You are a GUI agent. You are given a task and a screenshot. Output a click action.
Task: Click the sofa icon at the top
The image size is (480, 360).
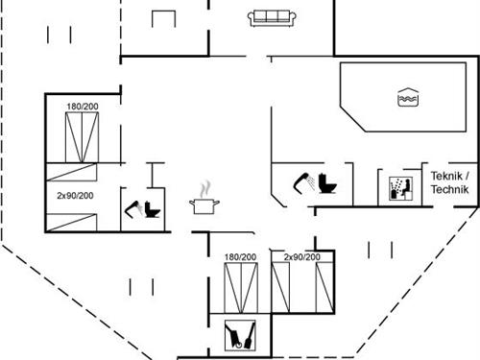[x=270, y=17]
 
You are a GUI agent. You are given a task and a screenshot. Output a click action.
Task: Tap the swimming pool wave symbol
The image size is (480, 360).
[x=405, y=97]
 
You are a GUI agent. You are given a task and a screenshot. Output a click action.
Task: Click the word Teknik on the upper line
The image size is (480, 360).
[x=449, y=177]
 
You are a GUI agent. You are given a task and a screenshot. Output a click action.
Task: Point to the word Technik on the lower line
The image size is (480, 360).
[x=449, y=190]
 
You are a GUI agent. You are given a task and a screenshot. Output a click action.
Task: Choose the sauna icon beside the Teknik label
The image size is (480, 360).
[x=400, y=188]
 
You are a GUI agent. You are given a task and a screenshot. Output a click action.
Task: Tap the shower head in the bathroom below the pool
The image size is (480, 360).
[x=303, y=180]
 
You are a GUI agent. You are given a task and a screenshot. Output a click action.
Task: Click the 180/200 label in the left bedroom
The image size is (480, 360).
[x=83, y=106]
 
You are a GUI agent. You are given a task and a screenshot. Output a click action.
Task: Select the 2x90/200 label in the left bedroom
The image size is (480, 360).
[x=74, y=195]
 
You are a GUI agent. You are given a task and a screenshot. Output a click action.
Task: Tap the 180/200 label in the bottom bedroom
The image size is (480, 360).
[x=240, y=257]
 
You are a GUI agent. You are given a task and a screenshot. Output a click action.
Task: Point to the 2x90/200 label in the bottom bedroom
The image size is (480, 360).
[x=302, y=257]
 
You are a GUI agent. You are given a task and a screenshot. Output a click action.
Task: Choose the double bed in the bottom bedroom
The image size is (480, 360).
[x=240, y=286]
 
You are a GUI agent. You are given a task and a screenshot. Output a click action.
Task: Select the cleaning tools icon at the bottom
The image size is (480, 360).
[x=240, y=337]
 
